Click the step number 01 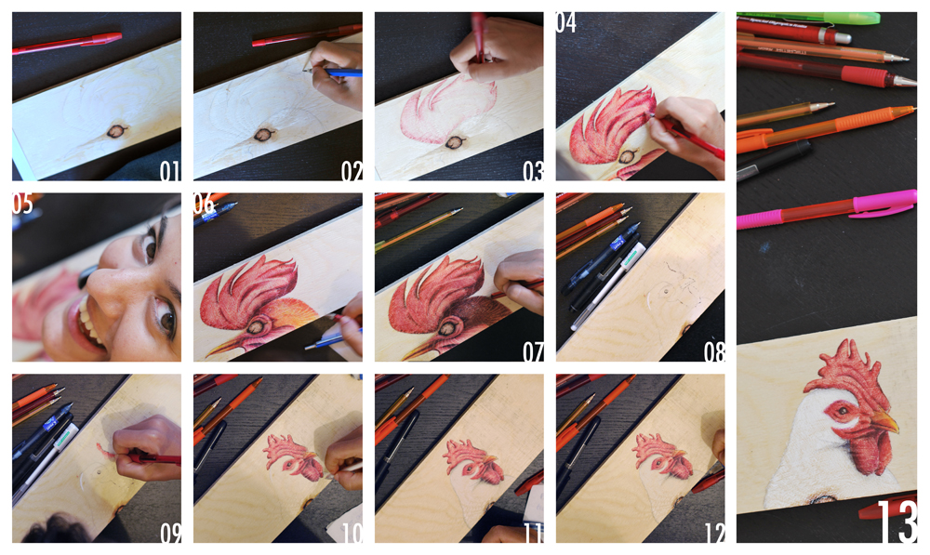169,171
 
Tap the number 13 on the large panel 897,522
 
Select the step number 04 565,22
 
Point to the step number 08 714,352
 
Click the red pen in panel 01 67,44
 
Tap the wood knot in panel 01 116,130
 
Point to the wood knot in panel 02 263,135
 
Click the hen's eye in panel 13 842,410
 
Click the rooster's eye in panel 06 258,326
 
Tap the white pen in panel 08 607,285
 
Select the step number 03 533,171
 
